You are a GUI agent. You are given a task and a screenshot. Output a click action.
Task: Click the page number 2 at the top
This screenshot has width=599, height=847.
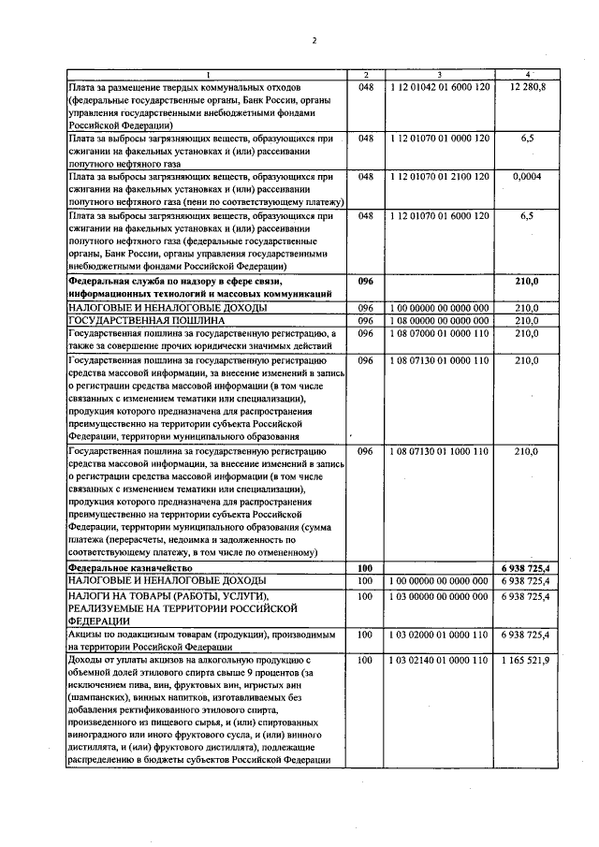(x=314, y=40)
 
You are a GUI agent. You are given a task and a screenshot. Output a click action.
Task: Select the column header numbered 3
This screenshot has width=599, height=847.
(x=438, y=75)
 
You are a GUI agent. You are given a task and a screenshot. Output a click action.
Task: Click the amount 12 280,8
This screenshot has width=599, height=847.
(x=528, y=86)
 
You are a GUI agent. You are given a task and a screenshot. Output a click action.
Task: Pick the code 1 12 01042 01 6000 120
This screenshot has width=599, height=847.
(x=438, y=86)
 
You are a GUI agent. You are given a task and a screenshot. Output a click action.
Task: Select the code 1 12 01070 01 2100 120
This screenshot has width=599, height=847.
(x=438, y=176)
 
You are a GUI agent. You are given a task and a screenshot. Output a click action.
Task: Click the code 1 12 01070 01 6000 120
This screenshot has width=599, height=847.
(x=438, y=215)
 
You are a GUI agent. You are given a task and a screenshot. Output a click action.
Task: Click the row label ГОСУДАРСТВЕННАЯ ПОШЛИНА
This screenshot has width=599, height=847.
(x=135, y=320)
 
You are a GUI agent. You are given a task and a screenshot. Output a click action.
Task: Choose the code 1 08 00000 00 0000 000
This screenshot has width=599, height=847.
(x=438, y=320)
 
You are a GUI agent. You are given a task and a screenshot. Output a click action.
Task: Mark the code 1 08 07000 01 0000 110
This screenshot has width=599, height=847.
(x=438, y=333)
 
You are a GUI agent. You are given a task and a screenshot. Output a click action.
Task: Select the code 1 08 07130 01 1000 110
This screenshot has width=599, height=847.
(x=438, y=450)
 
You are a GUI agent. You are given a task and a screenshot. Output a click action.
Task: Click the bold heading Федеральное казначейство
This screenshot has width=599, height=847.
(x=130, y=568)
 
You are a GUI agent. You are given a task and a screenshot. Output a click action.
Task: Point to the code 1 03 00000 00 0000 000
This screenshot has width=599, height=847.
(x=438, y=595)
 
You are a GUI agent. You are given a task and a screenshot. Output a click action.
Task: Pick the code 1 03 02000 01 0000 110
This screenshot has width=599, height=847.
(x=438, y=635)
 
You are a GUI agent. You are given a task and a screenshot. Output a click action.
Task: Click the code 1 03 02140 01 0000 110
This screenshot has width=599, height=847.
(x=438, y=661)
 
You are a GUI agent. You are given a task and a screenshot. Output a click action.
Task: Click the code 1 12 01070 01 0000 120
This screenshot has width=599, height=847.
(x=438, y=138)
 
